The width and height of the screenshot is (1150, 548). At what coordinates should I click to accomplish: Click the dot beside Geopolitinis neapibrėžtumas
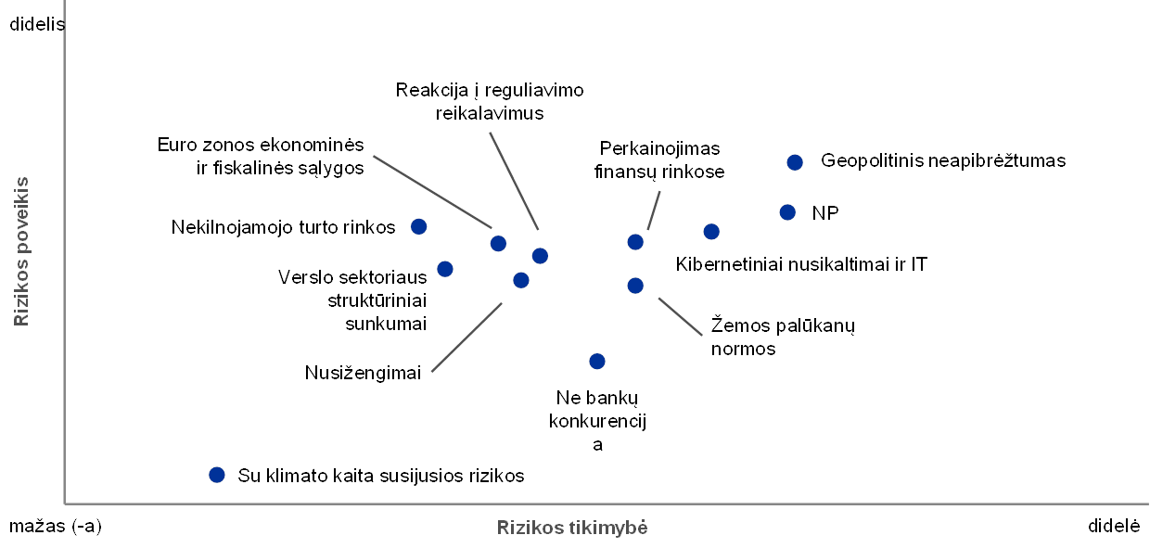[795, 162]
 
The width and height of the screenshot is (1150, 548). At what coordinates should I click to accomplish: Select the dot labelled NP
[787, 212]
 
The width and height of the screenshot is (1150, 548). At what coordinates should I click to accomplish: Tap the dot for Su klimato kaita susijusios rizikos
[217, 475]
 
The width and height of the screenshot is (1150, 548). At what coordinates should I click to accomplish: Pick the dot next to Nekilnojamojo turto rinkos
[419, 227]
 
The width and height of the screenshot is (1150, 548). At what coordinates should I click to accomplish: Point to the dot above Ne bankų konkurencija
[597, 362]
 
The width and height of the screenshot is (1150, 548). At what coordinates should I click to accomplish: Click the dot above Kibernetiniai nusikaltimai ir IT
[711, 232]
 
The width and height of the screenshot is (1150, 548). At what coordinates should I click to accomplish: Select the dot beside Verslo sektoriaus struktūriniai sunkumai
[445, 269]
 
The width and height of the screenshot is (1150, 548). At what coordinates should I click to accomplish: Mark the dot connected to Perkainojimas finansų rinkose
[635, 242]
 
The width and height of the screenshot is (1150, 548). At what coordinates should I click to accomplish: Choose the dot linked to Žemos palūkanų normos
[635, 286]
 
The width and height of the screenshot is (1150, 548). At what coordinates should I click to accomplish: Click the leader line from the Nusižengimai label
[466, 338]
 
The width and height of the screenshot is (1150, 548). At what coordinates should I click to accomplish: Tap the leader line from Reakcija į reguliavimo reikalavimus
[514, 181]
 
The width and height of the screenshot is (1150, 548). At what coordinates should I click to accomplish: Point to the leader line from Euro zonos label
[432, 192]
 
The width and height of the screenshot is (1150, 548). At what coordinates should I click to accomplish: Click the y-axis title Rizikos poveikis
[21, 251]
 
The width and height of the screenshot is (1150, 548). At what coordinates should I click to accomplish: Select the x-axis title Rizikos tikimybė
[572, 528]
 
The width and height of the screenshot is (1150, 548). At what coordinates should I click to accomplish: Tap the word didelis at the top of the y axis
[37, 24]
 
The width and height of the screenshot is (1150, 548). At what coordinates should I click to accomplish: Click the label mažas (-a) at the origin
[56, 527]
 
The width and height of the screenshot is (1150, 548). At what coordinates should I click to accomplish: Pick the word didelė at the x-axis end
[1114, 526]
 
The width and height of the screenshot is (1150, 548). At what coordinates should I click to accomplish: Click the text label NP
[825, 213]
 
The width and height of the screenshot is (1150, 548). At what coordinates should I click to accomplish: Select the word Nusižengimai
[363, 373]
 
